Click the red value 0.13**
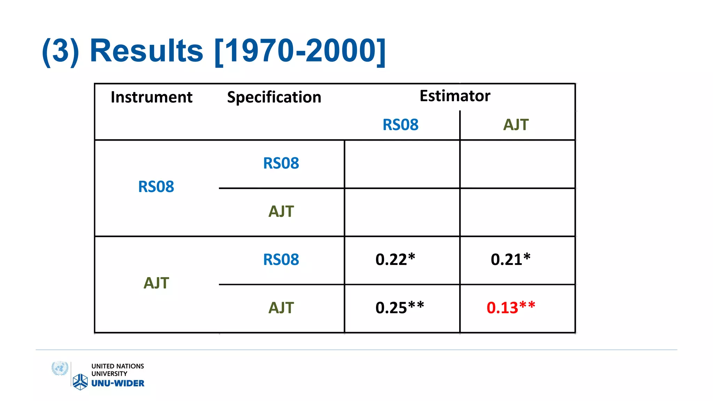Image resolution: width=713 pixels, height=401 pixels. point(510,308)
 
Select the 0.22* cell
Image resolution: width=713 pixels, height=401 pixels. point(395,260)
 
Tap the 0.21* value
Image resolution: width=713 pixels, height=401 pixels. point(510,260)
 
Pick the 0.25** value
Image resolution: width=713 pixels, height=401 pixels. point(399,308)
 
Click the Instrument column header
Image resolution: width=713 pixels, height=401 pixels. point(151,97)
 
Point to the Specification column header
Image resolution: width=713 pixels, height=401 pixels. point(274,97)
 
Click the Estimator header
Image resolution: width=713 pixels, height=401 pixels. point(455,96)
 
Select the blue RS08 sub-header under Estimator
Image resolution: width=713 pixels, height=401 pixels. point(400,125)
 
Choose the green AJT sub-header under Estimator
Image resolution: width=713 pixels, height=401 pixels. point(516,125)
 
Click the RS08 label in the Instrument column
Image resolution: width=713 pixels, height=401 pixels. point(156,187)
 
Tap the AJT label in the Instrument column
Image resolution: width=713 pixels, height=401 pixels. point(156,283)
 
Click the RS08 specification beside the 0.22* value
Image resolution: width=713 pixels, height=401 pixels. point(281,260)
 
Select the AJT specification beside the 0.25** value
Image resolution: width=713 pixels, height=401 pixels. point(281,308)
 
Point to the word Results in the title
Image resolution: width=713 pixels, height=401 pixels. point(146,51)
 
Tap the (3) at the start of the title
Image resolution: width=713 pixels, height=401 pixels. point(61,51)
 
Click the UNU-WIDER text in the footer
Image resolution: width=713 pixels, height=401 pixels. point(118,383)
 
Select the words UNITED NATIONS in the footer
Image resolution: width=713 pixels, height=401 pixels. point(118,366)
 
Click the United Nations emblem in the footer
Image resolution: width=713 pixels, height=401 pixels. point(60,368)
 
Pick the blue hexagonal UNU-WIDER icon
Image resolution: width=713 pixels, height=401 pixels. point(80,382)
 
